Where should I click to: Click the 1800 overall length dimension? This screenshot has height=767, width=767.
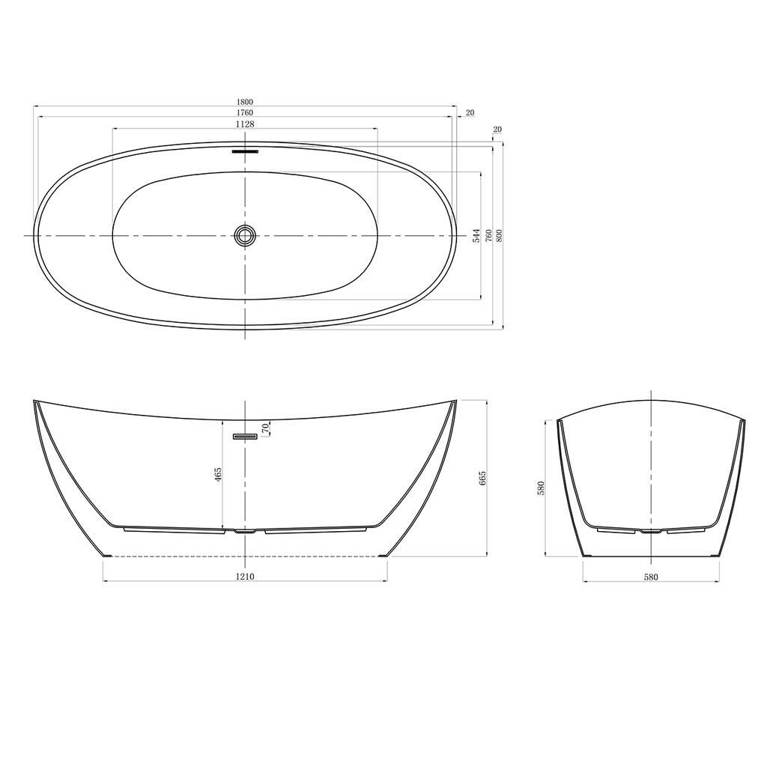click(x=245, y=102)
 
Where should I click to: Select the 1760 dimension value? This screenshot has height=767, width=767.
click(x=245, y=113)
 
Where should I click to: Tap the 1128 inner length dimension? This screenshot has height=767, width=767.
click(x=245, y=124)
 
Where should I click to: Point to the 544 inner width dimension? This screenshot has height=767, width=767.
click(x=476, y=236)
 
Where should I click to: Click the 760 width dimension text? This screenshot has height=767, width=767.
click(x=488, y=236)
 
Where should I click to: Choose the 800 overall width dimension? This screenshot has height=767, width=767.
click(x=499, y=236)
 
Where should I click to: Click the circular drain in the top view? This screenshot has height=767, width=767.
click(x=245, y=235)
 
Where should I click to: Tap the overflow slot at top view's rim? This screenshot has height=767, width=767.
click(x=245, y=151)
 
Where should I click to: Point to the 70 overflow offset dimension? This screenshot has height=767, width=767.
click(x=264, y=428)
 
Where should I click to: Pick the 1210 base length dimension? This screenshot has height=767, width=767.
click(x=245, y=577)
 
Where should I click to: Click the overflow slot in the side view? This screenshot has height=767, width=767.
click(x=245, y=436)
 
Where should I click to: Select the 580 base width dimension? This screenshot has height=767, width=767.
click(x=651, y=577)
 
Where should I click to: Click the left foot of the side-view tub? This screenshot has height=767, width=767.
click(x=107, y=555)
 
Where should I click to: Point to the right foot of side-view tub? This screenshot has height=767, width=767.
click(x=383, y=555)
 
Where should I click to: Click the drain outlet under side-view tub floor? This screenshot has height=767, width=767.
click(x=245, y=532)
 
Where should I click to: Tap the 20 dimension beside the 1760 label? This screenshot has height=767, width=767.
click(x=470, y=113)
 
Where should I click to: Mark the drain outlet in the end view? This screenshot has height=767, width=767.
click(x=651, y=532)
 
